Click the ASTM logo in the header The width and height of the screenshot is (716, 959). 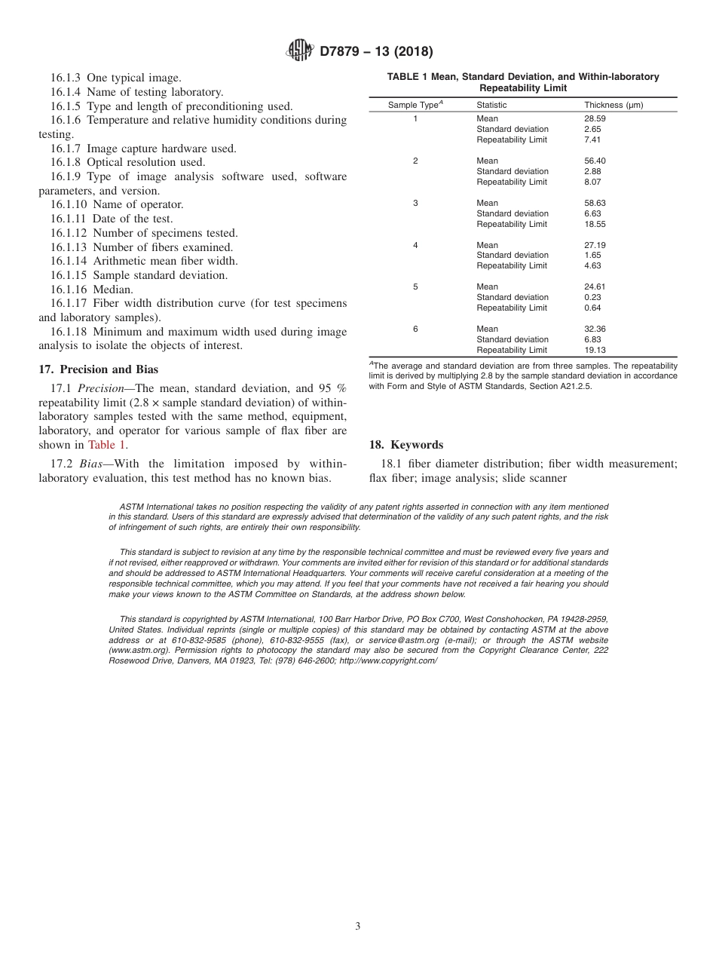coord(301,51)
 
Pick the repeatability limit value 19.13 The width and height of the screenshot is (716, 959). coord(595,350)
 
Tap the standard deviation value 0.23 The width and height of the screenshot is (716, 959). coord(592,297)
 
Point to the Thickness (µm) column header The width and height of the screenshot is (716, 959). coord(613,105)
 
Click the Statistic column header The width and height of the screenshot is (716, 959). coord(491,105)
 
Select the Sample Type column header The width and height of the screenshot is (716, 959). coord(415,105)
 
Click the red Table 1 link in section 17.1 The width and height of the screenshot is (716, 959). coord(106,445)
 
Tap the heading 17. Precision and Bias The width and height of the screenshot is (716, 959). coord(98,369)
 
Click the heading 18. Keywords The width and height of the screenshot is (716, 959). coord(405,445)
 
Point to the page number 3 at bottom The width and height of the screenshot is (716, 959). coord(358,927)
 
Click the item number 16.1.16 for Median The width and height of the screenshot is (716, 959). coord(70,290)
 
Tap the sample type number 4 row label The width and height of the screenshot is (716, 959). coord(415,245)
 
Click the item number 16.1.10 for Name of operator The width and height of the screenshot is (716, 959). coord(70,204)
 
